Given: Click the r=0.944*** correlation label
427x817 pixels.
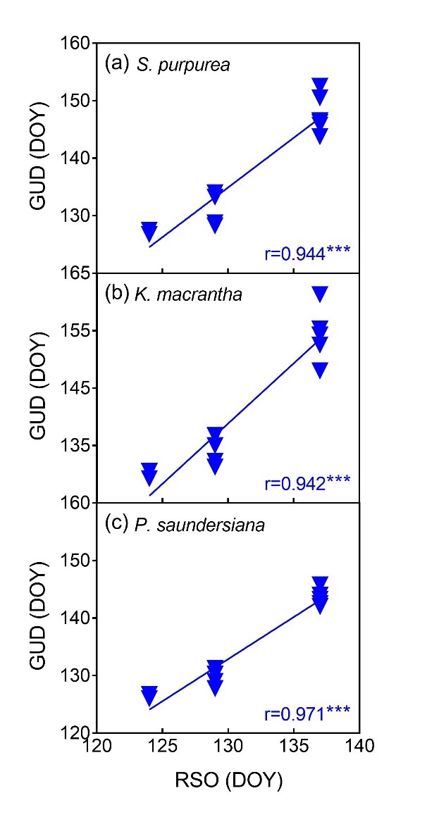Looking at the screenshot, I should coord(307,254).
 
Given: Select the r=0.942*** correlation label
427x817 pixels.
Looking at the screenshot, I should coord(307,483).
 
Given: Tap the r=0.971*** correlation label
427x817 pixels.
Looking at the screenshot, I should coord(307,712).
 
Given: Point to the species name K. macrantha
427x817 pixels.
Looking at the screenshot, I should coord(188,294).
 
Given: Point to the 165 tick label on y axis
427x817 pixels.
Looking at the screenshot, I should coord(75,273).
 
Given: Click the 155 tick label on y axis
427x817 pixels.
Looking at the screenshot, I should coord(75,330).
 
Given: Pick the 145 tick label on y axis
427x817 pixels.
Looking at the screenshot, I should coord(75,388).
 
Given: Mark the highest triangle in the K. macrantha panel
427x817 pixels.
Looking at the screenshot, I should coord(320,294).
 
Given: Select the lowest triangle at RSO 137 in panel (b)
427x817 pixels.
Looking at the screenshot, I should coord(320,370).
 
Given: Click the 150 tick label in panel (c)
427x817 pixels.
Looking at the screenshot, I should coord(75,561).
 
